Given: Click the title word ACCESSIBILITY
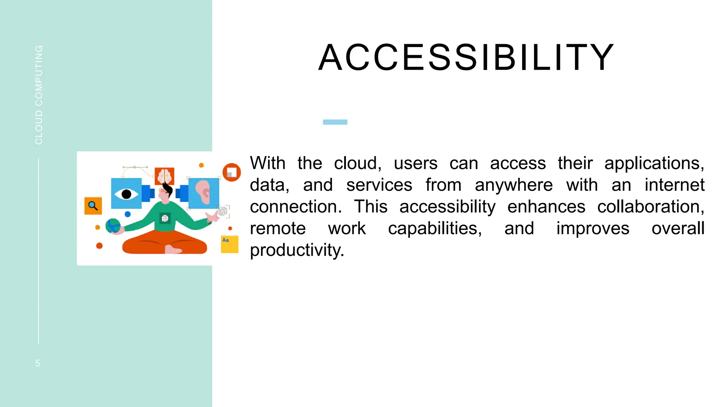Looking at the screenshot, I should click(466, 58).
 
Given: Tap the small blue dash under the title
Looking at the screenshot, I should click(335, 122).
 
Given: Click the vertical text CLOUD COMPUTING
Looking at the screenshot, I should click(39, 95).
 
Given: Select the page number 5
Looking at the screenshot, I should click(38, 363).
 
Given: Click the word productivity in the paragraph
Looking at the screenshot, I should click(297, 250).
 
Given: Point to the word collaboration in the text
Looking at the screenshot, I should click(650, 207).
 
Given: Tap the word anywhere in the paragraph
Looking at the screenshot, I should click(514, 185).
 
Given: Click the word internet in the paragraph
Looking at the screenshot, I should click(674, 185).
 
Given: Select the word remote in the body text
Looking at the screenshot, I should click(277, 229).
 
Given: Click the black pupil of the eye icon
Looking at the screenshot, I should click(126, 194).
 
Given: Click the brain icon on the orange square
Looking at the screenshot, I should click(165, 176).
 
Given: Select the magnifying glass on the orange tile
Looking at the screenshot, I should click(93, 206).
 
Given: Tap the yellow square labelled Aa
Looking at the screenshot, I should click(229, 244).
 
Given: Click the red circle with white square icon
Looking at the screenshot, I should click(232, 172).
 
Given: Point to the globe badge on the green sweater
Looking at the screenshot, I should click(165, 219).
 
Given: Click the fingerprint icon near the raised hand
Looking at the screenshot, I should click(222, 211).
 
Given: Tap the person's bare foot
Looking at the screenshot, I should click(173, 250).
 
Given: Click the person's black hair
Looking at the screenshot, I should click(167, 189).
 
